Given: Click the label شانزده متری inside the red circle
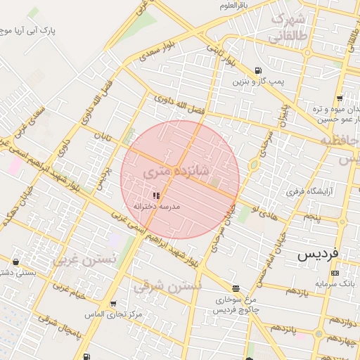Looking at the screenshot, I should pos(176,171).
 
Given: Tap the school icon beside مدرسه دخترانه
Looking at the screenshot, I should pos(155,195).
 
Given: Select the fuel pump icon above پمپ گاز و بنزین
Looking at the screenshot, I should pos(259,71).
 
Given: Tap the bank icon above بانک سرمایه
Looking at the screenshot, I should pos(334,273).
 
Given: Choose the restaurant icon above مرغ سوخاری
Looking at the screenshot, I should pos(236,288).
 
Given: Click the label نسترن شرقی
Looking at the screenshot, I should pos(167,285).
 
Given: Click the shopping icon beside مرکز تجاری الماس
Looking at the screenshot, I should pos(113,304).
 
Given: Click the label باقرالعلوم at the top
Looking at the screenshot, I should pos(233,6).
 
